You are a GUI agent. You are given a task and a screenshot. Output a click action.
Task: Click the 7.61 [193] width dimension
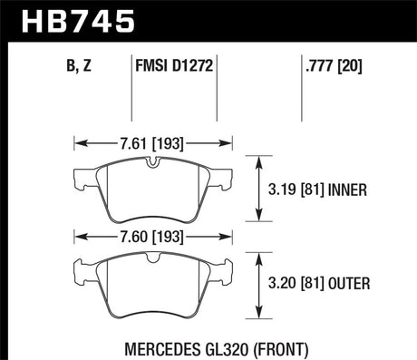(x=152, y=142)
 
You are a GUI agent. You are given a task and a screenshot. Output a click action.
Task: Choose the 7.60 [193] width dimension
(x=152, y=236)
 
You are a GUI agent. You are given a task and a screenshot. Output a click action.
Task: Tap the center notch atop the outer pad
(x=153, y=258)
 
